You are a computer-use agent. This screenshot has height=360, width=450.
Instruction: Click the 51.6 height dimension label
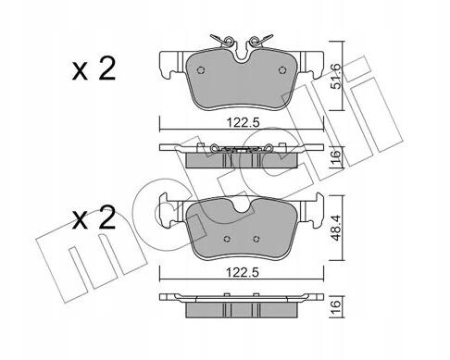336,77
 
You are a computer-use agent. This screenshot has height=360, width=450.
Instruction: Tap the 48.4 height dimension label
336,228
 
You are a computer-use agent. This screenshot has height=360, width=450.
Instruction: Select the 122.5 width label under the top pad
244,123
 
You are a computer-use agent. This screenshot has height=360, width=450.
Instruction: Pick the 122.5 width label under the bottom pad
243,273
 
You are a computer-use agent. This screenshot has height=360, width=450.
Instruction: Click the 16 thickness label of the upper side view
337,156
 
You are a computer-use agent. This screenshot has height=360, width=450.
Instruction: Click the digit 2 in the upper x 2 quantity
106,69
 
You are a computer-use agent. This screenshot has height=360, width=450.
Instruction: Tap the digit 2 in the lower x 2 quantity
106,217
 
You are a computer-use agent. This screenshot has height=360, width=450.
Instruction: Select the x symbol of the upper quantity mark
80,73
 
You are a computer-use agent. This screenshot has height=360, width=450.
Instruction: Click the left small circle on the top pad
201,70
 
